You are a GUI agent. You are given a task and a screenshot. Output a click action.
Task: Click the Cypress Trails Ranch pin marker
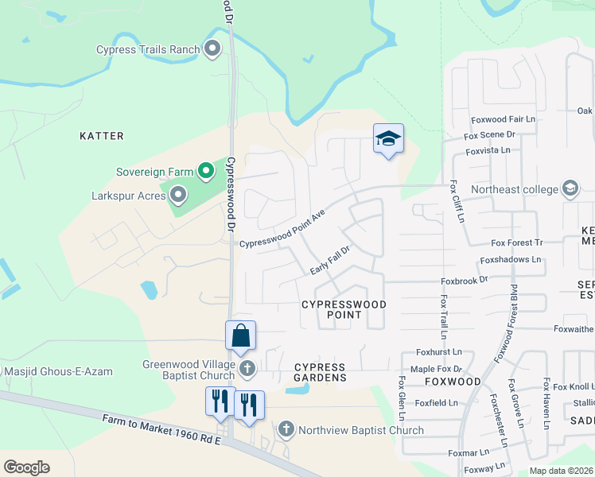212,49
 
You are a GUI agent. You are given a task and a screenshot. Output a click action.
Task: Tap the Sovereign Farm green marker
205,171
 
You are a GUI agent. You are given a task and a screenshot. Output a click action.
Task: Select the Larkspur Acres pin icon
178,194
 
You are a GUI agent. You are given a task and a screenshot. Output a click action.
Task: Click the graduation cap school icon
388,139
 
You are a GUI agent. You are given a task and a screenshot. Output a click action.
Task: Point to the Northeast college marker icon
570,189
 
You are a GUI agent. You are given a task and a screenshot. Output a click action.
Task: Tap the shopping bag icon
240,335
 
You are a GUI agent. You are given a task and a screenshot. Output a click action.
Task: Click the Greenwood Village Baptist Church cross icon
247,368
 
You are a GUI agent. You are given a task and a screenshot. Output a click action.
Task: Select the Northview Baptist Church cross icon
286,430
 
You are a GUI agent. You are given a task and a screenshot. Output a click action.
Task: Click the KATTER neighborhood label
102,136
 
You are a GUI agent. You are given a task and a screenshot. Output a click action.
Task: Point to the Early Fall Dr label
330,261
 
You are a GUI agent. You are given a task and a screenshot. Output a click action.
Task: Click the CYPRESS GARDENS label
320,372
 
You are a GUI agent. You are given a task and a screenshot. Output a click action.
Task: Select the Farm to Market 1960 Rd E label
161,429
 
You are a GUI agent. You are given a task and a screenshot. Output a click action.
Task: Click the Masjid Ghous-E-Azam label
59,371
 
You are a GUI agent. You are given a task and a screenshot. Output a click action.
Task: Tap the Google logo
26,467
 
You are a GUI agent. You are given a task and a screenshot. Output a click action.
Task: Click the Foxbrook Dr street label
464,281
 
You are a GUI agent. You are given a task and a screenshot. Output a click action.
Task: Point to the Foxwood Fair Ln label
504,119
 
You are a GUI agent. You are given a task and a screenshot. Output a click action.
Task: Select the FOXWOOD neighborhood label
457,382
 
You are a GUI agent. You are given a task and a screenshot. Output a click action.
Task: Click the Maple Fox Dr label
436,369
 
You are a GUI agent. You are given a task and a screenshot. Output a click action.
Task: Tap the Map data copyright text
561,471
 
